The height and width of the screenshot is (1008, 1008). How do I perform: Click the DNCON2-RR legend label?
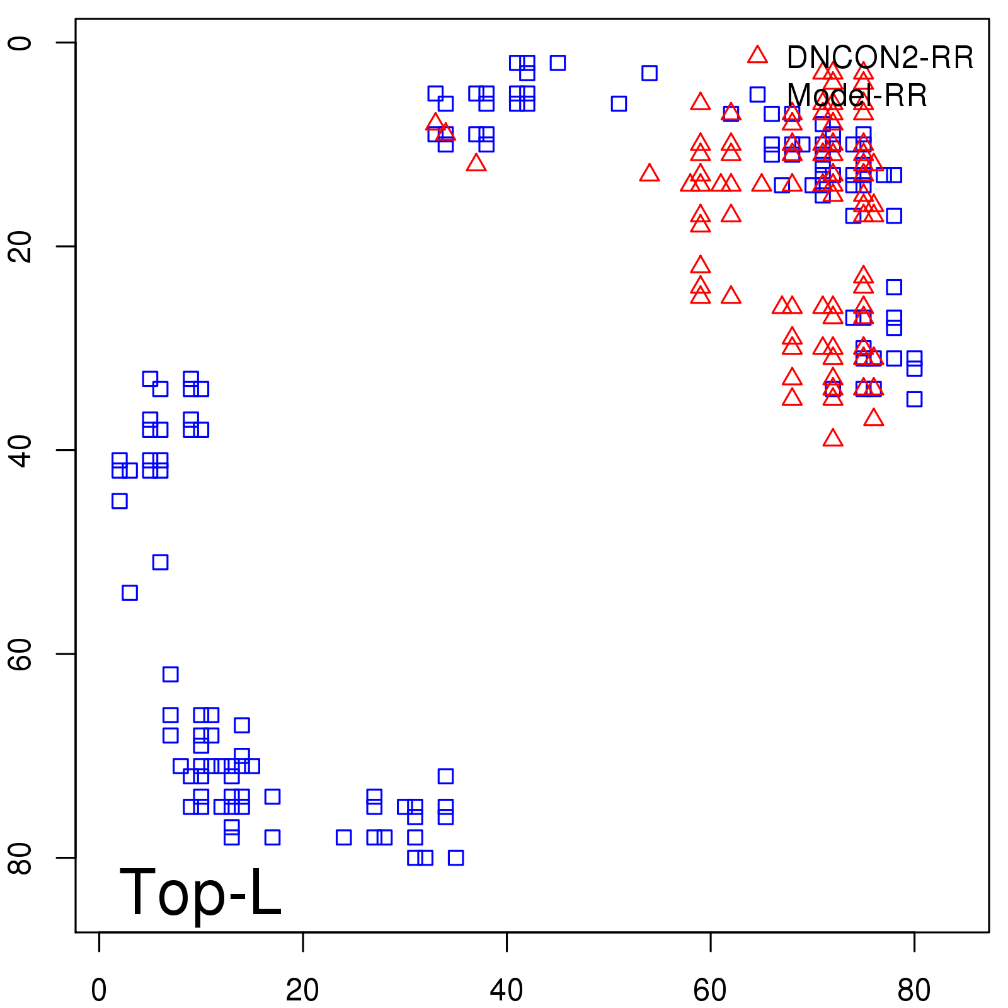click(879, 58)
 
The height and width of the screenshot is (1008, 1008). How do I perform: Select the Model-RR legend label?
click(857, 96)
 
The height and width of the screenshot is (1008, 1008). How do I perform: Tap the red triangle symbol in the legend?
click(757, 55)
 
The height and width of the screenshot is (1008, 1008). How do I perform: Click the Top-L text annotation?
click(200, 892)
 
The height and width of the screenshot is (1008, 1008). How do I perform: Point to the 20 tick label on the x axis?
click(302, 990)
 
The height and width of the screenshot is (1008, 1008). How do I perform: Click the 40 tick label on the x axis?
click(507, 990)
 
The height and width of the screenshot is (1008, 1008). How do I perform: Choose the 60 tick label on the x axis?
click(710, 990)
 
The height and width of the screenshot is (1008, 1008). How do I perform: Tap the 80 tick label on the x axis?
click(914, 990)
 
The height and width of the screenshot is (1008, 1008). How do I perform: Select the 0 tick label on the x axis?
click(99, 990)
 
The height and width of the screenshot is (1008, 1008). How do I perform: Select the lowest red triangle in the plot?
click(833, 438)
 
